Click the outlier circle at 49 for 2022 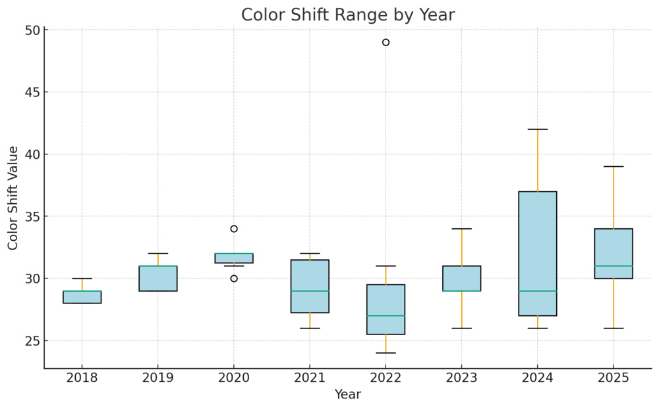click(x=386, y=42)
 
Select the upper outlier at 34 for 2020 click(x=234, y=229)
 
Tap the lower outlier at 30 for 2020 click(x=234, y=278)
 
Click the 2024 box click(x=538, y=254)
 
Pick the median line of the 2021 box click(x=310, y=291)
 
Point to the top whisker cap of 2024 click(x=538, y=129)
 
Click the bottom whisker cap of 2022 click(x=386, y=353)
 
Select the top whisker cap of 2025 click(x=614, y=167)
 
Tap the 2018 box click(x=82, y=297)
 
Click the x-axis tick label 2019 click(x=158, y=378)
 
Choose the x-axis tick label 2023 click(x=461, y=378)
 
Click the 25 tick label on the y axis click(x=32, y=341)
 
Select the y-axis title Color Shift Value click(x=13, y=198)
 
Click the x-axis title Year click(x=347, y=394)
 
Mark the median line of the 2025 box click(x=614, y=266)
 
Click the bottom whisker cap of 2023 click(x=461, y=328)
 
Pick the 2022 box click(x=386, y=309)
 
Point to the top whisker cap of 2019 click(x=158, y=253)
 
